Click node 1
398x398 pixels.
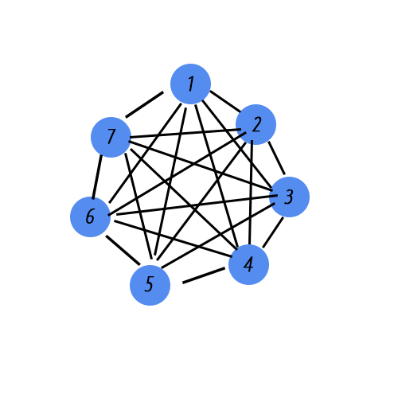coord(190,84)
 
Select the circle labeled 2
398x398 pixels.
coord(256,124)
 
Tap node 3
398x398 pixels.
coord(289,197)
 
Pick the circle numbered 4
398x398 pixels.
coord(248,264)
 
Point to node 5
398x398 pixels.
coord(150,285)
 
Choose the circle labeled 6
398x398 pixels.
coord(90,217)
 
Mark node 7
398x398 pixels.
coord(111,137)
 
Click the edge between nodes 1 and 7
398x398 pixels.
coord(145,104)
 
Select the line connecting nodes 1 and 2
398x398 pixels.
coord(225,101)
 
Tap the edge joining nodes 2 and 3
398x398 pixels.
coord(276,158)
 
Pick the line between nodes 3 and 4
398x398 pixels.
coord(273,232)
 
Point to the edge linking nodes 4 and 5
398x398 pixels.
coord(204,275)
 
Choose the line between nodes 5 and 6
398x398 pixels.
coord(123,250)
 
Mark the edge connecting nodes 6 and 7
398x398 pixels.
coord(97,177)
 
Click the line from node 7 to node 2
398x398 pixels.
coord(185,134)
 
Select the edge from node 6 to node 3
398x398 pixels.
coord(197,205)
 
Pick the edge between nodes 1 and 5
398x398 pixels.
coord(170,181)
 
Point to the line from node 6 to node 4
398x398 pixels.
coord(174,239)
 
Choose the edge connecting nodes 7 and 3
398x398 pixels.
coord(201,166)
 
